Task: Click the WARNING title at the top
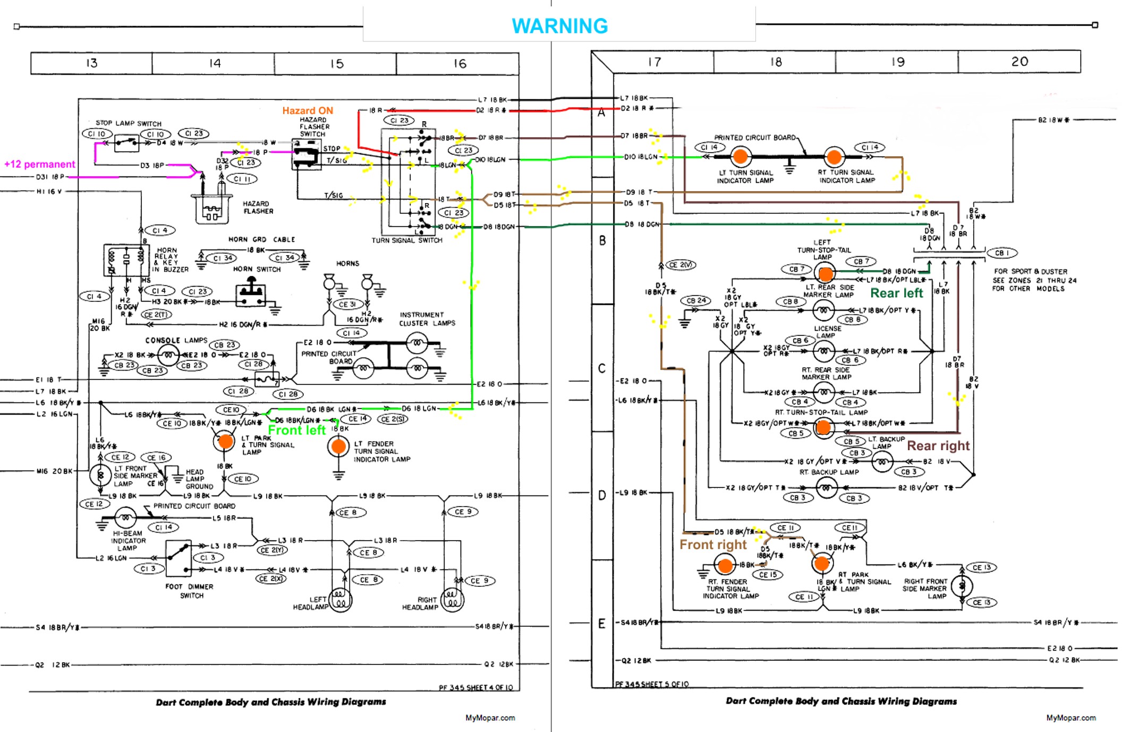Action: (559, 26)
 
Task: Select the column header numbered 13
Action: (91, 63)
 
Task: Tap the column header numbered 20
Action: (1019, 62)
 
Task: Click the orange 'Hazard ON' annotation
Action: (308, 111)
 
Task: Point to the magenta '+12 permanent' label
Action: (39, 164)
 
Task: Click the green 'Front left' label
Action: (296, 430)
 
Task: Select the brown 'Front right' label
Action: (713, 545)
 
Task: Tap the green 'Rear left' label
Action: (897, 293)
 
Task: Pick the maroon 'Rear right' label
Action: (938, 445)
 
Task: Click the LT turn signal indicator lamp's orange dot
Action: (740, 157)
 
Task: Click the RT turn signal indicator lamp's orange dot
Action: (834, 157)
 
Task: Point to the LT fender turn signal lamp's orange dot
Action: (338, 447)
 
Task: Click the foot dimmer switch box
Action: (178, 558)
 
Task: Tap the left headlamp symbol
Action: (341, 600)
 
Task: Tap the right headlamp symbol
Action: (452, 600)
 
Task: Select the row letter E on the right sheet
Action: (601, 623)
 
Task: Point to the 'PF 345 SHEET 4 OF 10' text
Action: (476, 687)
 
